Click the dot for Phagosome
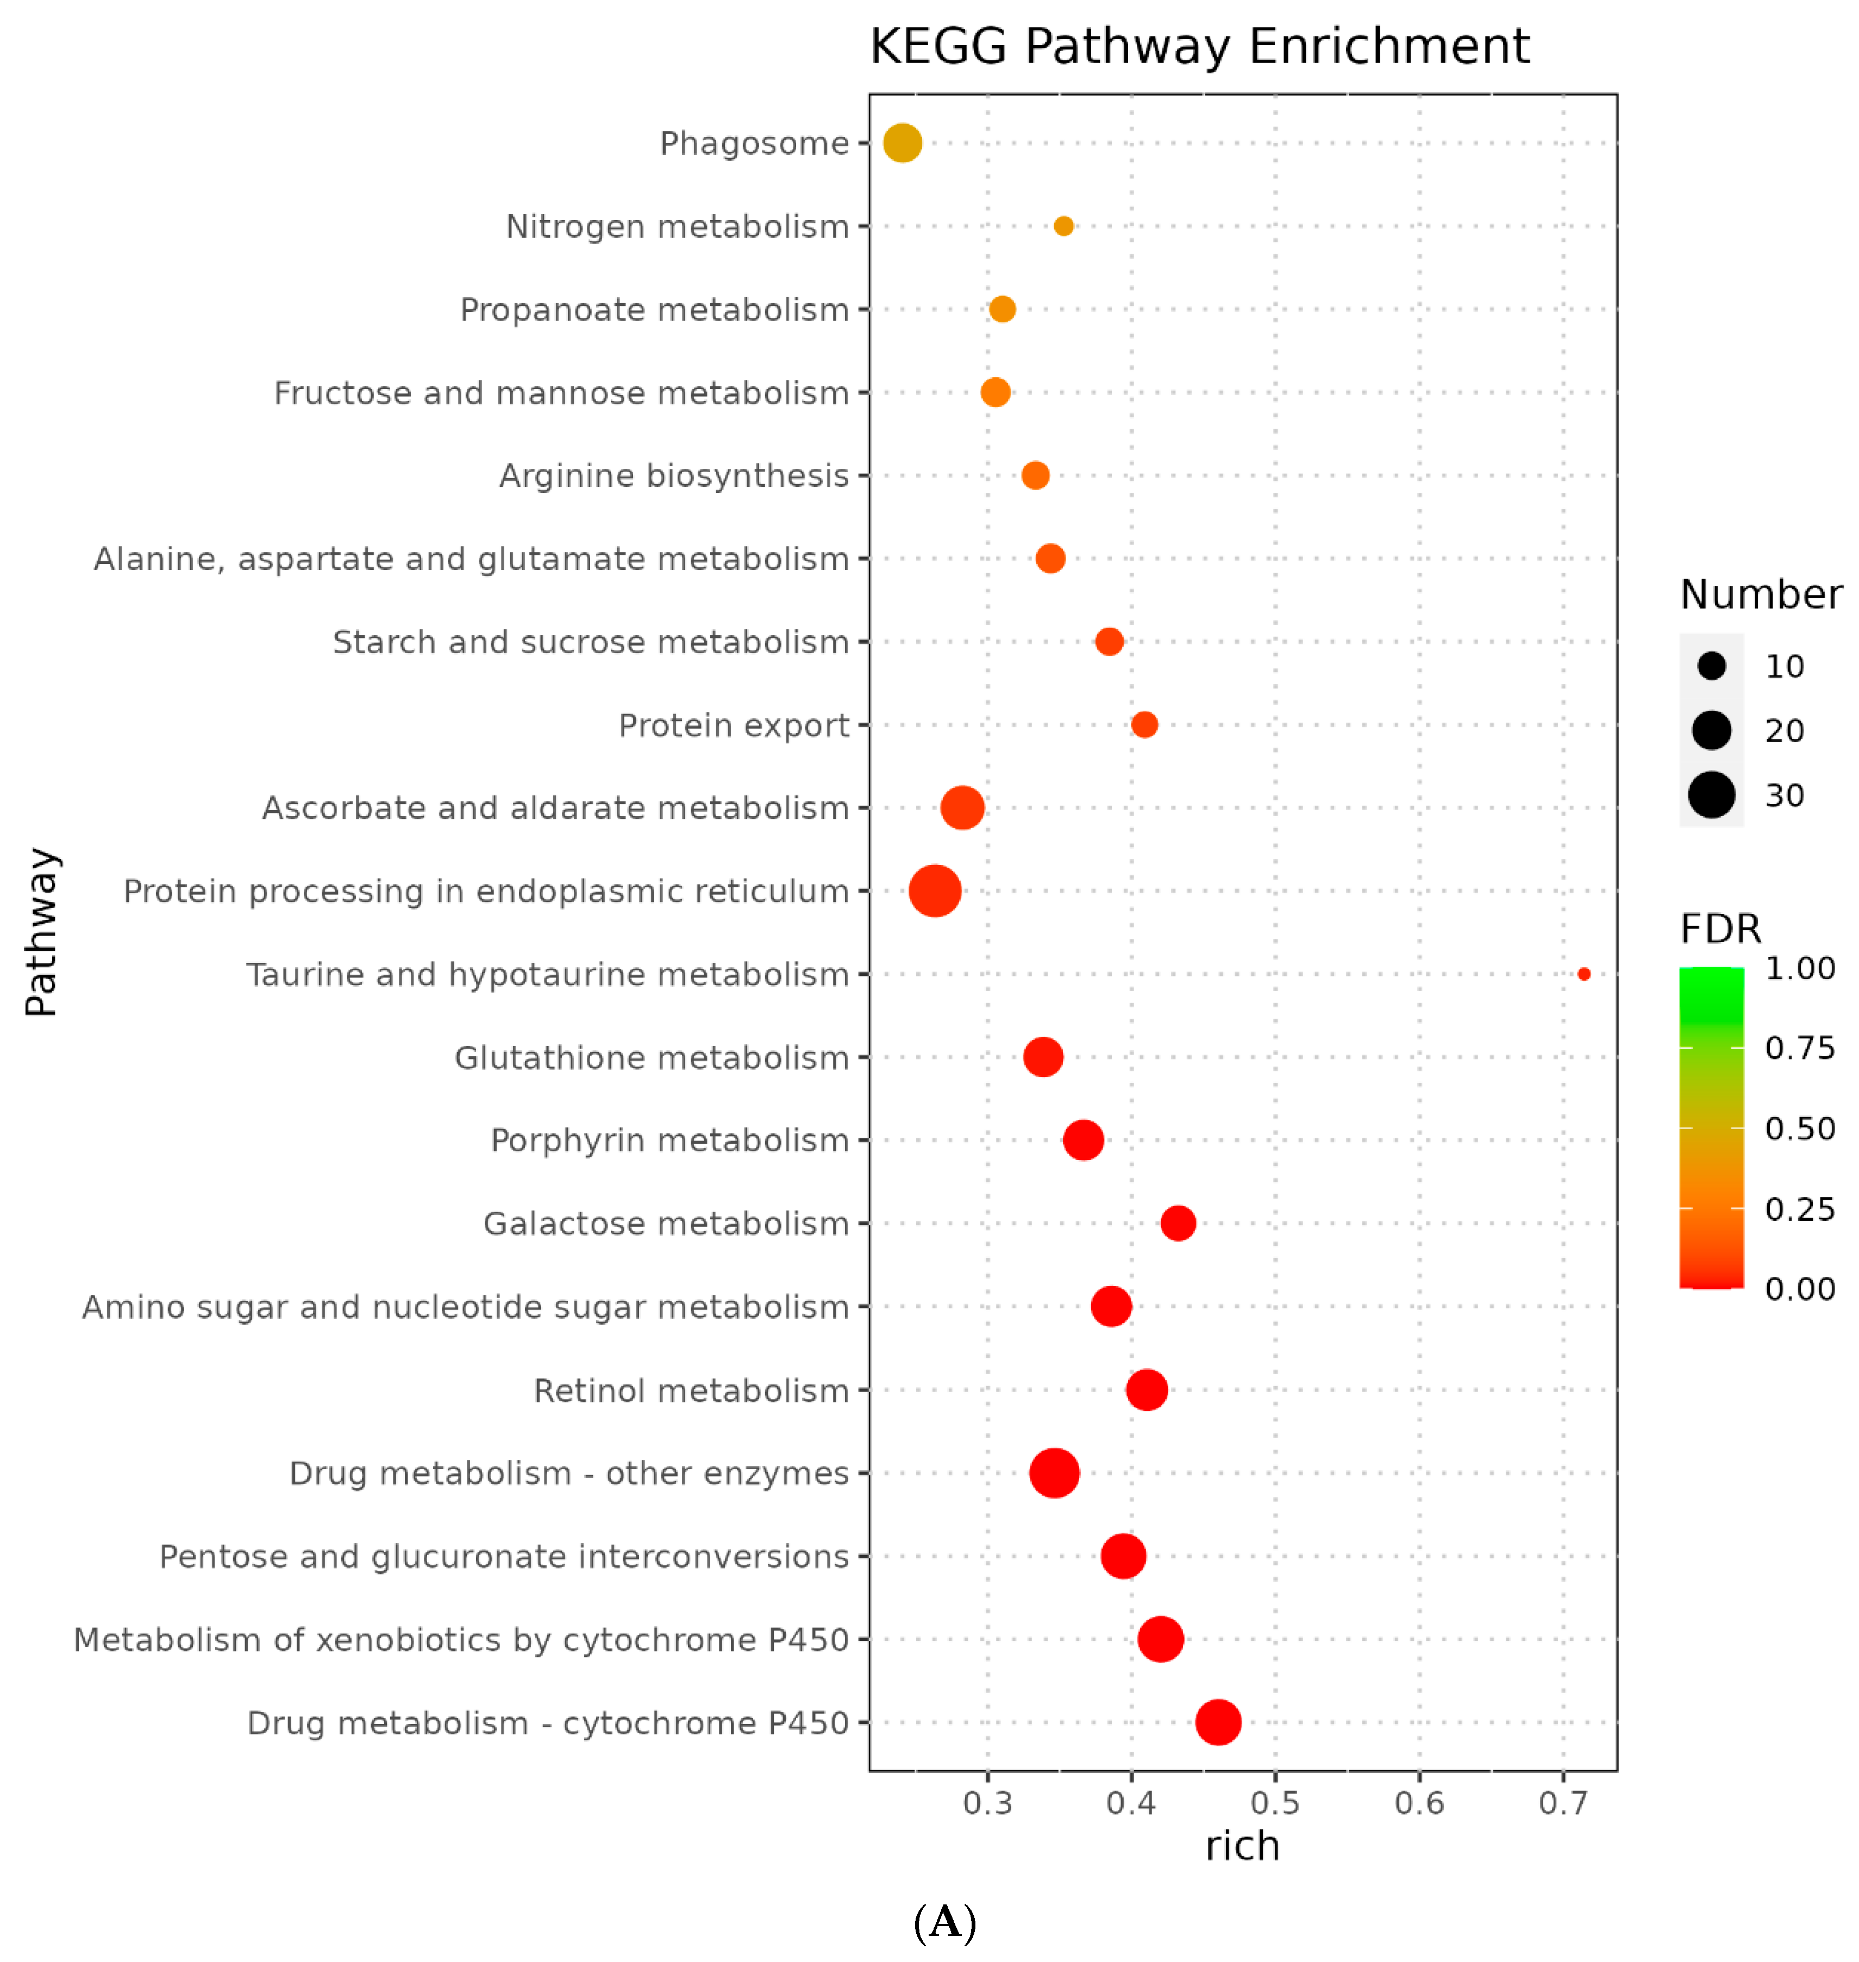pyautogui.click(x=902, y=143)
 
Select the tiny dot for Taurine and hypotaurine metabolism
pyautogui.click(x=1583, y=974)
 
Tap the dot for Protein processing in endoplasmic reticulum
pyautogui.click(x=935, y=891)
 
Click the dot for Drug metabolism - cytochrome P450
pyautogui.click(x=1218, y=1722)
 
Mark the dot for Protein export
pyautogui.click(x=1143, y=724)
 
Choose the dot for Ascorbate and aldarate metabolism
pyautogui.click(x=962, y=807)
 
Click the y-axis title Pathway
pyautogui.click(x=42, y=931)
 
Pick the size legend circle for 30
pyautogui.click(x=1711, y=795)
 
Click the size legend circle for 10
pyautogui.click(x=1711, y=666)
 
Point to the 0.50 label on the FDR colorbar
pyautogui.click(x=1800, y=1129)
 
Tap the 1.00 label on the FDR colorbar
pyautogui.click(x=1800, y=968)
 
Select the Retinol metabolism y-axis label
pyautogui.click(x=691, y=1390)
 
